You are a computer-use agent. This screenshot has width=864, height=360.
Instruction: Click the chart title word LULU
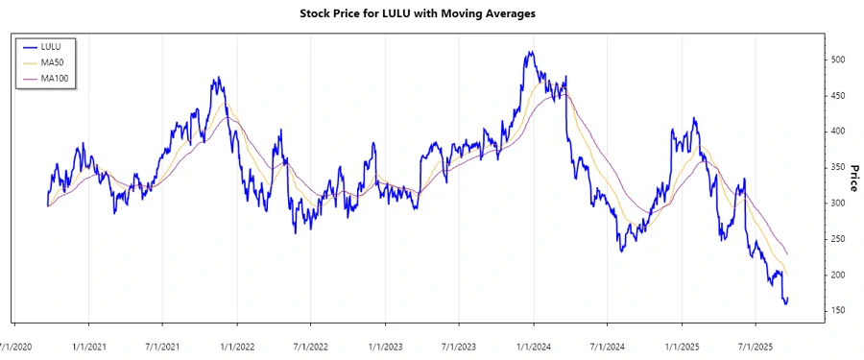[395, 13]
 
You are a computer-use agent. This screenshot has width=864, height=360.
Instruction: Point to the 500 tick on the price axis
[837, 60]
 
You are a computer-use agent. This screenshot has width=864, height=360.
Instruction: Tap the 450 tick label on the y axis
[837, 95]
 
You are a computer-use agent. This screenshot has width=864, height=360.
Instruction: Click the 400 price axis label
[837, 132]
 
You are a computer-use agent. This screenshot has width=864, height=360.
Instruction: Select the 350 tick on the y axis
[837, 167]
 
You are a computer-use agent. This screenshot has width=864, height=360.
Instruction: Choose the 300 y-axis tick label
[837, 204]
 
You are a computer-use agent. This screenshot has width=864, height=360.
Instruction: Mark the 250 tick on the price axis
[837, 239]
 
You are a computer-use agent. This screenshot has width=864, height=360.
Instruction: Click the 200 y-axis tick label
[837, 276]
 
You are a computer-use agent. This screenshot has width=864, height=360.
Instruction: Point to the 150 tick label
[837, 311]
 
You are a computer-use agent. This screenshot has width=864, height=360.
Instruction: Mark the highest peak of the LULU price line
[529, 53]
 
